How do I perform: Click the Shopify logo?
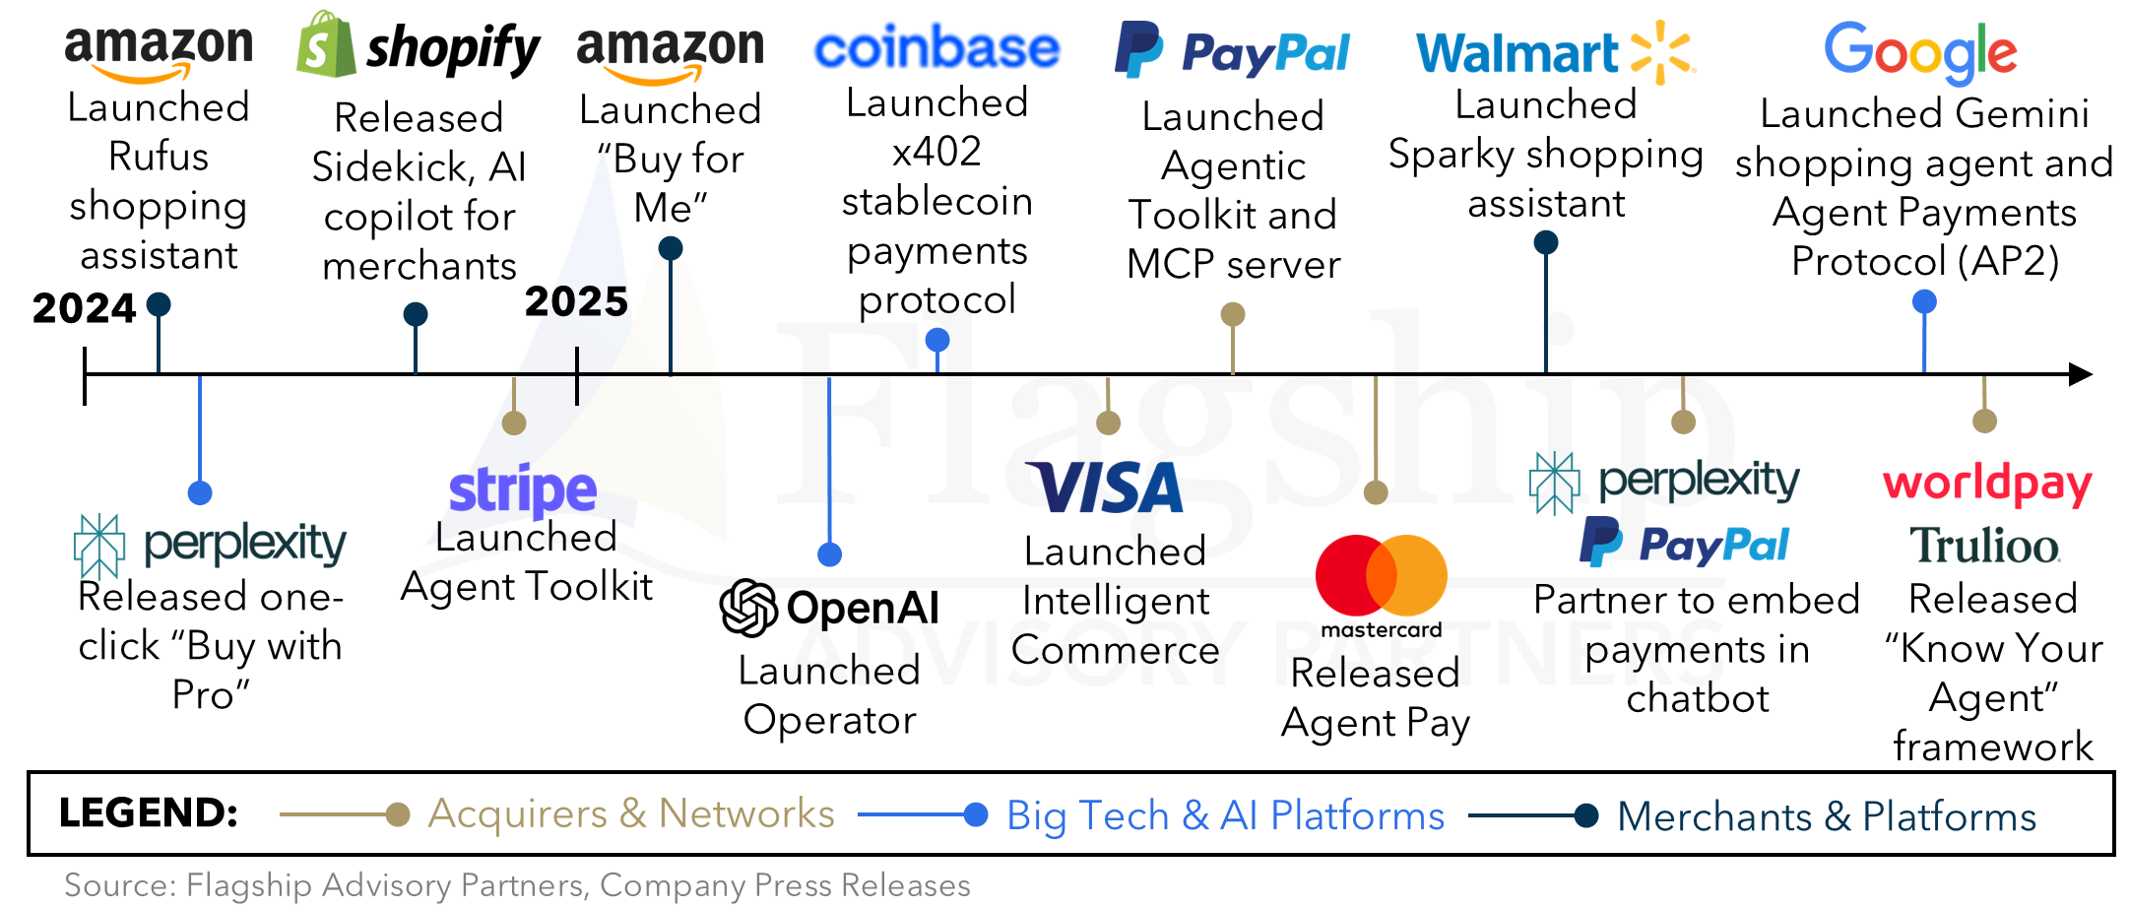point(419,45)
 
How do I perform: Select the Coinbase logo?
point(936,47)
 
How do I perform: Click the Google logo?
point(1920,53)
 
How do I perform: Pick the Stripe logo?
point(523,491)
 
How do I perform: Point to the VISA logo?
point(1105,487)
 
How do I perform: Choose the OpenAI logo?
point(829,608)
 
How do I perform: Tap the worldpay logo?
point(1987,484)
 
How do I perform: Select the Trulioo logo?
point(1984,546)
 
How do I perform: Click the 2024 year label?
point(84,308)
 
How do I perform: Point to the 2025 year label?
point(576,301)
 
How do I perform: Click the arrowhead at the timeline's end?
point(2081,374)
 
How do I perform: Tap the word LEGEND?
point(149,813)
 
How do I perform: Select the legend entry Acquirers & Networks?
point(631,813)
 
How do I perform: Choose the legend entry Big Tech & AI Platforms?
point(1225,815)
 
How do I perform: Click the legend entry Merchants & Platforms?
point(1827,816)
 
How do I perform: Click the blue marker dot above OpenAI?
point(830,554)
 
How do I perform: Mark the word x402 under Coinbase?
point(936,152)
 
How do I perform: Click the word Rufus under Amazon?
point(159,157)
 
